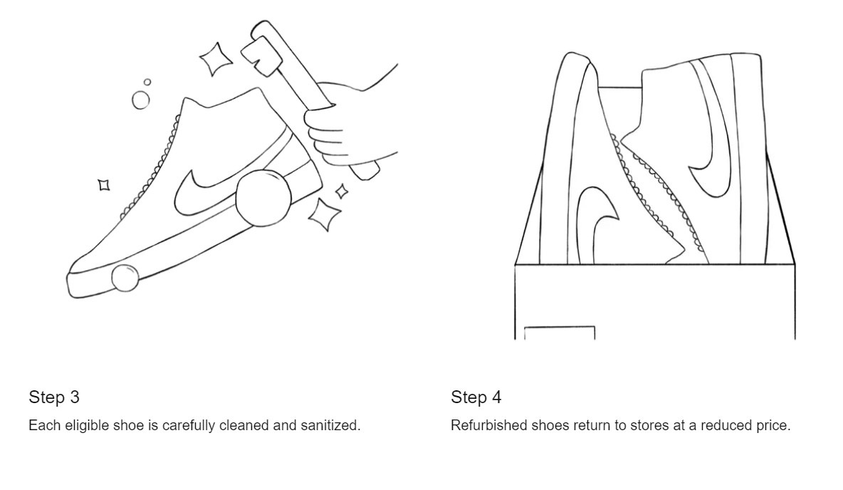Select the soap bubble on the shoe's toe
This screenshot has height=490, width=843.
pos(125,278)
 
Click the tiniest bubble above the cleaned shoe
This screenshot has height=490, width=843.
pos(147,82)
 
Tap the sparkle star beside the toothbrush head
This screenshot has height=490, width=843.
pos(216,58)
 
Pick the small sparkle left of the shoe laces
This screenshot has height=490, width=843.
pos(104,185)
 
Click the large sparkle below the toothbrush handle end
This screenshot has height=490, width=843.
pos(324,214)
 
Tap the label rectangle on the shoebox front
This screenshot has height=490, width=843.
pos(560,333)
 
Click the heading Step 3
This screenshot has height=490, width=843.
pos(54,397)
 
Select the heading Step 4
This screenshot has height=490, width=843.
pos(476,397)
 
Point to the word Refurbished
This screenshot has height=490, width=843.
pos(488,425)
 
